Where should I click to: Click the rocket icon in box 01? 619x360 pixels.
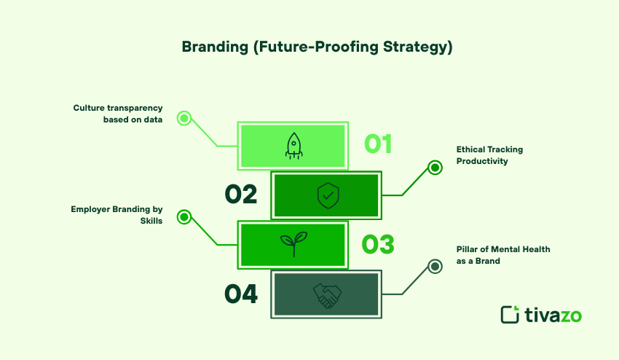click(293, 146)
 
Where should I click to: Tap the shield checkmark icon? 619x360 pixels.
click(327, 195)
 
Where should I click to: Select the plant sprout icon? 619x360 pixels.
click(293, 245)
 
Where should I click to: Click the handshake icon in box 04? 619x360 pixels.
click(327, 294)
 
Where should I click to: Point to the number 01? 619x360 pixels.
click(378, 144)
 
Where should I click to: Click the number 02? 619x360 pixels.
click(241, 195)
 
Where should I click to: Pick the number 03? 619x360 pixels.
click(378, 244)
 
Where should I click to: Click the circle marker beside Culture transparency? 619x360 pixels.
click(184, 118)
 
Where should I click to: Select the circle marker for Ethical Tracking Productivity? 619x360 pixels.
click(435, 168)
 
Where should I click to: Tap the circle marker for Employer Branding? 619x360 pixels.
click(184, 216)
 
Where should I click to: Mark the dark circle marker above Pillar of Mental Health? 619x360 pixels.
click(435, 266)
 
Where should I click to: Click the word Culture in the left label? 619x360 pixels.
click(87, 108)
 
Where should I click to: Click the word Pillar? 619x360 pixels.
click(470, 249)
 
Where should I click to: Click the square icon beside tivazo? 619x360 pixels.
click(510, 314)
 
